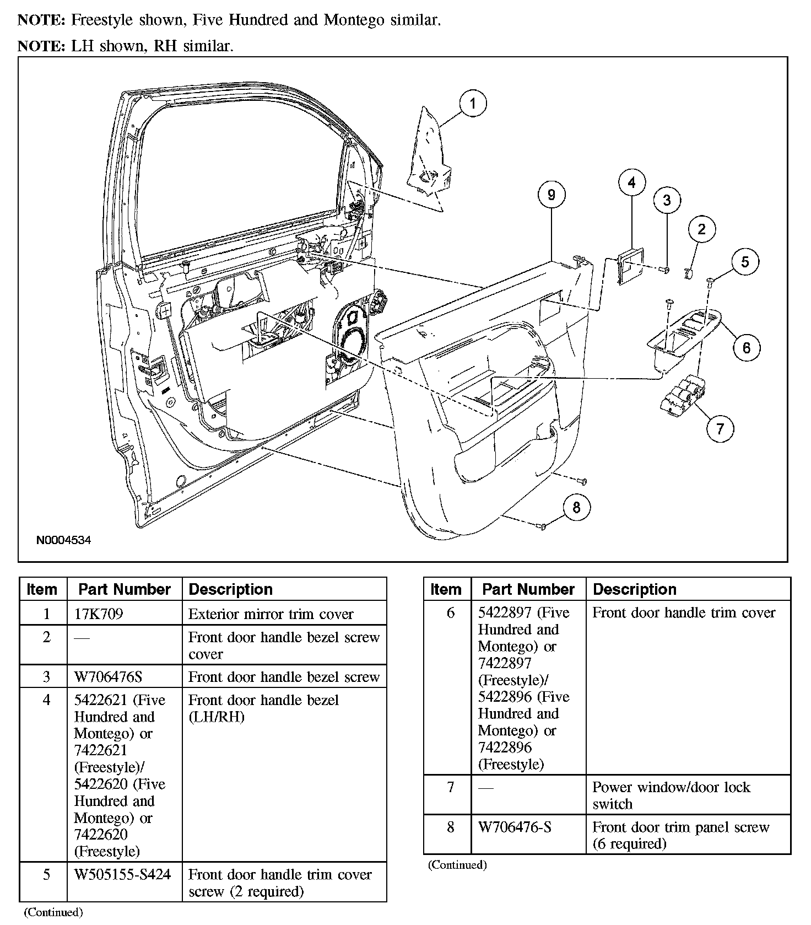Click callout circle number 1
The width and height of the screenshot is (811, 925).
click(x=473, y=104)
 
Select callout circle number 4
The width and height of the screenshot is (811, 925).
click(x=631, y=182)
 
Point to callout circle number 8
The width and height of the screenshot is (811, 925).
click(x=576, y=507)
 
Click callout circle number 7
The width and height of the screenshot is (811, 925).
click(x=720, y=428)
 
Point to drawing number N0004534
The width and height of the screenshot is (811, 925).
click(x=64, y=540)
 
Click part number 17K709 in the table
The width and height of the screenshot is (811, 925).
click(x=99, y=614)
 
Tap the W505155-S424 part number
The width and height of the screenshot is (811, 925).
click(x=122, y=874)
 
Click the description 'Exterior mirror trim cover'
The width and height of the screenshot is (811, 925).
click(x=271, y=614)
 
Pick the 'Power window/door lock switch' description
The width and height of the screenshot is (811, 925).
click(x=671, y=795)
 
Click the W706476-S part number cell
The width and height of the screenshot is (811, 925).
click(x=515, y=827)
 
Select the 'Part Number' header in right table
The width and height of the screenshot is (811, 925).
click(x=528, y=589)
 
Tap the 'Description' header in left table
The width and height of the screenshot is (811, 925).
click(x=230, y=589)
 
